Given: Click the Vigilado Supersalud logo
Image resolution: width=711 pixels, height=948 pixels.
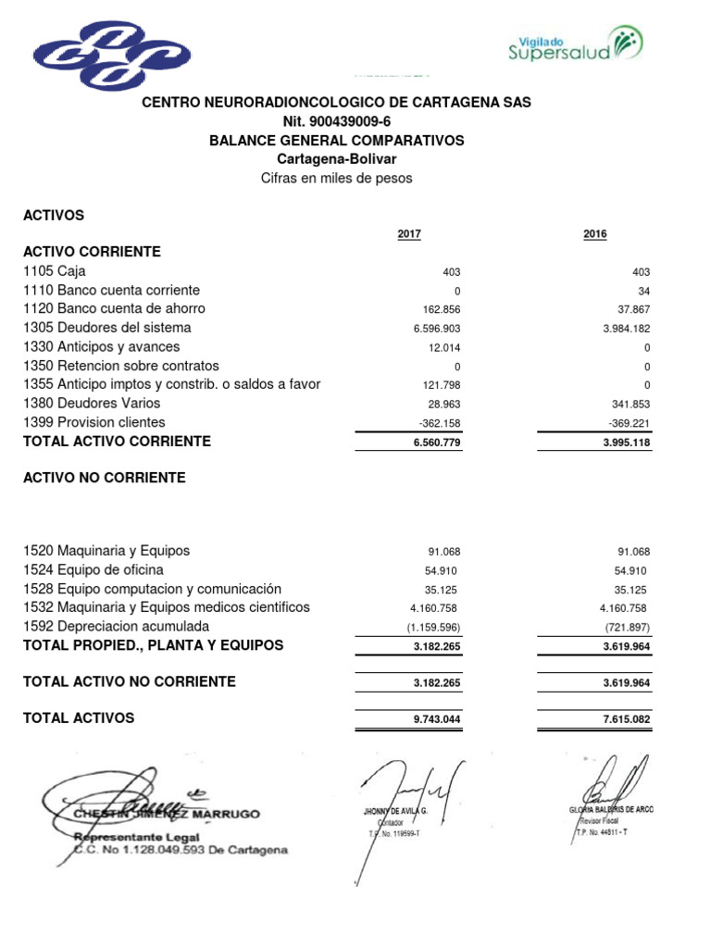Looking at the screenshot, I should [575, 43].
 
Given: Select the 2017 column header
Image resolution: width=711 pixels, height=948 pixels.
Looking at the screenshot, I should [409, 234].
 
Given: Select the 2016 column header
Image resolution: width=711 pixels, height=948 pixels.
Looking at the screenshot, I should [595, 234].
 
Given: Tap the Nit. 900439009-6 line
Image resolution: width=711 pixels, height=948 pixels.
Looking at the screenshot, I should [336, 121].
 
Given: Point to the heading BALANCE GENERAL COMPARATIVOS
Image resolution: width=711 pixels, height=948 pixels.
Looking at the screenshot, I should [336, 141].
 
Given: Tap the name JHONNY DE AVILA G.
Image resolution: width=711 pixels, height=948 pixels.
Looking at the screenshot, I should [395, 810].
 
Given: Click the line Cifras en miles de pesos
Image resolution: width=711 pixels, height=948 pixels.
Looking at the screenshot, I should [336, 178].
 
